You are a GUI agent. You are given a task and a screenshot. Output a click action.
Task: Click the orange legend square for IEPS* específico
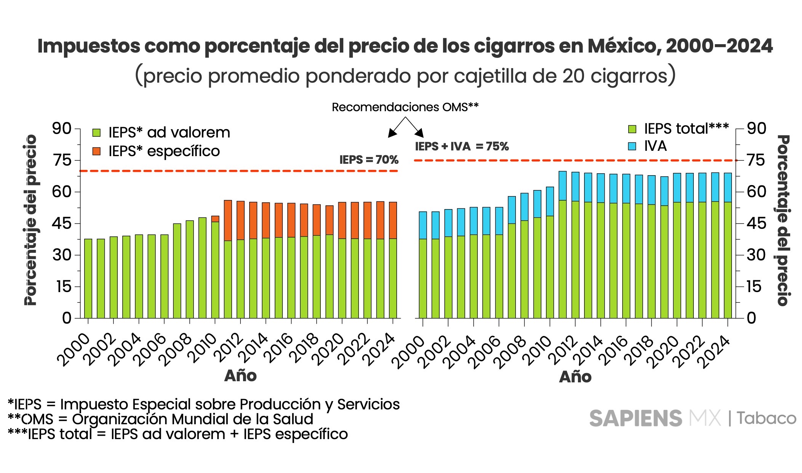96,151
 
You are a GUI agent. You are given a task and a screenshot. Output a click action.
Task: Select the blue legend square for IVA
632,146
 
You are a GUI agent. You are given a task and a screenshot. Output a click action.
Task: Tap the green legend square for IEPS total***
632,129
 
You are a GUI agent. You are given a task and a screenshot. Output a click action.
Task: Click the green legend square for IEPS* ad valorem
96,133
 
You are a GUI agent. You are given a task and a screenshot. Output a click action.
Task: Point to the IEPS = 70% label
369,160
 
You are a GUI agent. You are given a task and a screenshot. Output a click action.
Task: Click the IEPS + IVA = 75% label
462,146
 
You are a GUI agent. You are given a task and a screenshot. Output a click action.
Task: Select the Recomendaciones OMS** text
405,107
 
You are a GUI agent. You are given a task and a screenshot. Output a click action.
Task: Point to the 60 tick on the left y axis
62,192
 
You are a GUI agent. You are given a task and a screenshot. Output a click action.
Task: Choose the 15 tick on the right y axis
754,286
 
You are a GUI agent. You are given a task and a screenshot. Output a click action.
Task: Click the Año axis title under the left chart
240,376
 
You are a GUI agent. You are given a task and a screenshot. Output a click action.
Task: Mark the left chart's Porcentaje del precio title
30,220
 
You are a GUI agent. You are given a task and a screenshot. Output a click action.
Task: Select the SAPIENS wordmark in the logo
636,419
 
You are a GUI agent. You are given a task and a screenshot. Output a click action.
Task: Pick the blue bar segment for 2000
423,225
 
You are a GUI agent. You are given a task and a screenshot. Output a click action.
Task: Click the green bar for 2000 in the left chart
88,278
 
